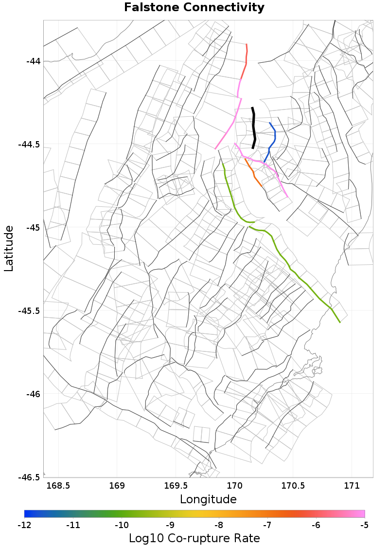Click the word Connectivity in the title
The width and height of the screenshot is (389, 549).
click(x=221, y=8)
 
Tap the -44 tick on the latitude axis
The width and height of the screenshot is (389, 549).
click(x=34, y=61)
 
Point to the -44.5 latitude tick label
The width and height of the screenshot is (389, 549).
click(x=30, y=145)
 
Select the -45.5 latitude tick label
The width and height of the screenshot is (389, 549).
click(x=30, y=311)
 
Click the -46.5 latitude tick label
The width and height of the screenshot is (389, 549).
click(x=30, y=477)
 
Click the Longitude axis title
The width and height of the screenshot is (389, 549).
click(x=208, y=499)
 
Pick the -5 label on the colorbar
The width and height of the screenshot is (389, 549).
click(x=365, y=525)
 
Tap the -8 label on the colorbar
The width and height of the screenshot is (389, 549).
click(x=219, y=525)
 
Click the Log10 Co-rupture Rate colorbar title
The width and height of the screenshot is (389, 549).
click(x=194, y=538)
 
